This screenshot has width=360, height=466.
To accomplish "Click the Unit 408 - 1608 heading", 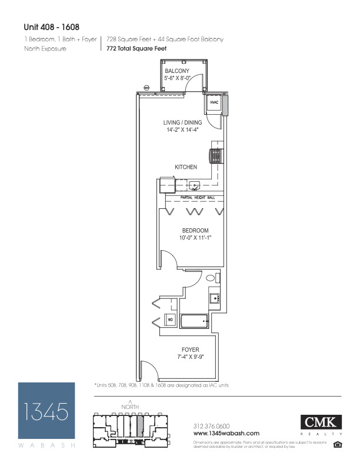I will pos(51,26).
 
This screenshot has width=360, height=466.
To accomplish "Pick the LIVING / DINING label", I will pos(182,123).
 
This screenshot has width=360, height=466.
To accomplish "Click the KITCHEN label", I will pos(185,168).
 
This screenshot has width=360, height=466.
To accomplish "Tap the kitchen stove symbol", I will pos(215,156).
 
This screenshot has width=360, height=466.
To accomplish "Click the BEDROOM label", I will pos(194,230).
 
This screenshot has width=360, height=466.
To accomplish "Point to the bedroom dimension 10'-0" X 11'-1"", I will pos(194,238).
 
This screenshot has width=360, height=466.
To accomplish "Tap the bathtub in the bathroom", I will pos(194,321).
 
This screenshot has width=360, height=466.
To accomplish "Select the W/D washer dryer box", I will pos(170,320).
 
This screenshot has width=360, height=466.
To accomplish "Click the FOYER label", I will pos(190,349).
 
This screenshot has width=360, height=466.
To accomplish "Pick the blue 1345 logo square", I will pos(46,410).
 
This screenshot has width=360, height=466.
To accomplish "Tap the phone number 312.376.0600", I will pos(211,426).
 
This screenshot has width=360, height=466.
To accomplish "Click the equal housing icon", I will pos(338,444).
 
